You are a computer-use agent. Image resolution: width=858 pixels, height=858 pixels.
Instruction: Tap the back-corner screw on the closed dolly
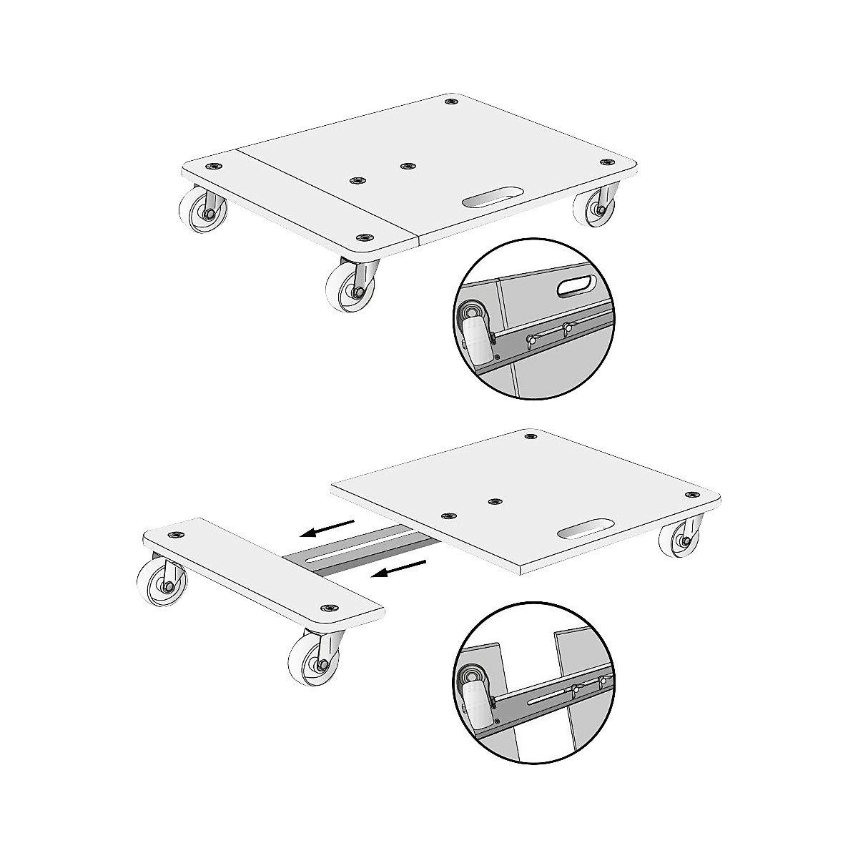450,102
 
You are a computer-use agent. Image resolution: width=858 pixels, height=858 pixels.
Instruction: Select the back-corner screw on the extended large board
529,435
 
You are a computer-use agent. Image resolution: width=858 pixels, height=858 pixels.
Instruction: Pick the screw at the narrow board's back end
174,534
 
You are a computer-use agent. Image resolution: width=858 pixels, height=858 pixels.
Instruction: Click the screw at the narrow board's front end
331,608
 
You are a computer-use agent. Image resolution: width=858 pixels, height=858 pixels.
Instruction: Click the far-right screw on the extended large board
691,495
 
